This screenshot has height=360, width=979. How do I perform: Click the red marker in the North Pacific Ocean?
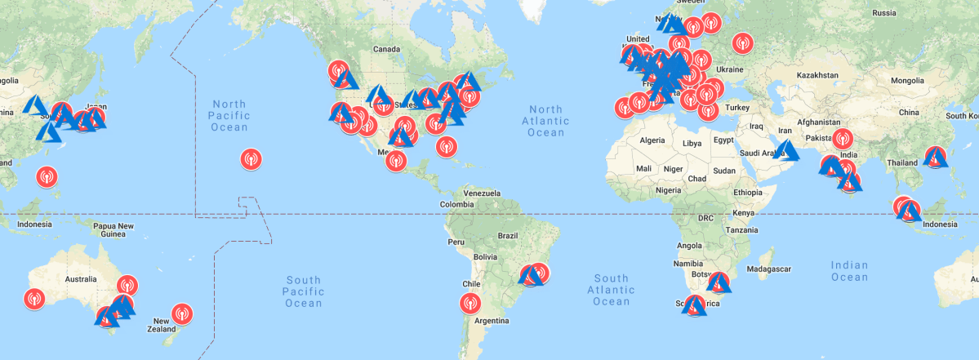pyautogui.click(x=251, y=159)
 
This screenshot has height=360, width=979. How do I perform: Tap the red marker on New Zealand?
pyautogui.click(x=183, y=312)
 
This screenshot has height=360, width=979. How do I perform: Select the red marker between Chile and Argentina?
pyautogui.click(x=469, y=304)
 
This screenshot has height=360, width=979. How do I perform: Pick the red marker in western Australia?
pyautogui.click(x=34, y=299)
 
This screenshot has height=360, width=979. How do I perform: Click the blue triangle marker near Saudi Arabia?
pyautogui.click(x=787, y=151)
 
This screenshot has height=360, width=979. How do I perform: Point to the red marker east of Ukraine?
pyautogui.click(x=742, y=42)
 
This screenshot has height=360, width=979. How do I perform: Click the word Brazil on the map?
pyautogui.click(x=508, y=235)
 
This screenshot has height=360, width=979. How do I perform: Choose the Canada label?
pyautogui.click(x=386, y=49)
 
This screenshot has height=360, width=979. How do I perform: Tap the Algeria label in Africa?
pyautogui.click(x=652, y=140)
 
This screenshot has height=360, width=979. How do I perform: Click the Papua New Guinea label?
pyautogui.click(x=113, y=230)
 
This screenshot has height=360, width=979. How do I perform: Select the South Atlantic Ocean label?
pyautogui.click(x=612, y=290)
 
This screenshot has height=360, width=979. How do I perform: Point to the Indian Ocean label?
pyautogui.click(x=849, y=271)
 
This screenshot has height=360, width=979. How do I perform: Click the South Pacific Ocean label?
pyautogui.click(x=304, y=292)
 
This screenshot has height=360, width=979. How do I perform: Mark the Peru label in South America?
pyautogui.click(x=456, y=242)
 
